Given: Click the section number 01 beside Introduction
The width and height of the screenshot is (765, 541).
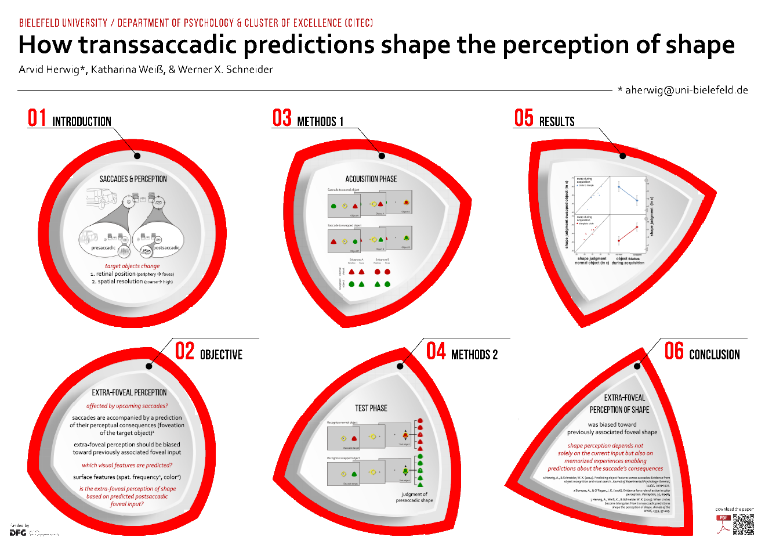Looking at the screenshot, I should [37, 118].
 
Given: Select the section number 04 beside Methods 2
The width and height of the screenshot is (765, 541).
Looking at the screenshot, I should [436, 351].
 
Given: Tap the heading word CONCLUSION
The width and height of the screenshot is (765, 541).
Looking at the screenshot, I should [714, 355].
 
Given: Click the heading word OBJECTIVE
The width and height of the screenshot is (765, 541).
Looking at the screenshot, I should [221, 355].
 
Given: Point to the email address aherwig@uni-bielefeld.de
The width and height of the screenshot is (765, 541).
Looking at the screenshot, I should [686, 90].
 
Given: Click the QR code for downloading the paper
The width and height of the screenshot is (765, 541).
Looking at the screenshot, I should [744, 524].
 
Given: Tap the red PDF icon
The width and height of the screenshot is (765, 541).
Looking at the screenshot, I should [723, 524].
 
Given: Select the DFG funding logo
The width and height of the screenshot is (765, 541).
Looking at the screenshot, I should [18, 532].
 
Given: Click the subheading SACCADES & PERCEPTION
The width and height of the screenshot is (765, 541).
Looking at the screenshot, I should [133, 179].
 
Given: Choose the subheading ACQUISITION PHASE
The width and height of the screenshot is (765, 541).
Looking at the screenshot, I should [371, 179].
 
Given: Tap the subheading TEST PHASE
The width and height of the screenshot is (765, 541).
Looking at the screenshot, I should [371, 408].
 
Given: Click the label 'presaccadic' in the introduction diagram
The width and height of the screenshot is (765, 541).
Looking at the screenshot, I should [103, 248].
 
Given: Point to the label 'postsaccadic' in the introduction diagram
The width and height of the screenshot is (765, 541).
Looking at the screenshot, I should [166, 248].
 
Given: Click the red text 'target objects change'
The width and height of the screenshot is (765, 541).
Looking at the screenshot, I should [132, 266].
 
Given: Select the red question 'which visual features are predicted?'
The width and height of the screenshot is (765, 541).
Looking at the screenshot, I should [127, 465].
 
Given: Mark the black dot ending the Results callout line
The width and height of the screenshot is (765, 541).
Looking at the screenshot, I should [622, 156].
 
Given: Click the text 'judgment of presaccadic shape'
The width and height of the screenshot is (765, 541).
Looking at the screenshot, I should [415, 497].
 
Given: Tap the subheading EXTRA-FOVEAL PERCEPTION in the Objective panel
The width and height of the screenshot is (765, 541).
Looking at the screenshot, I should [129, 392].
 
